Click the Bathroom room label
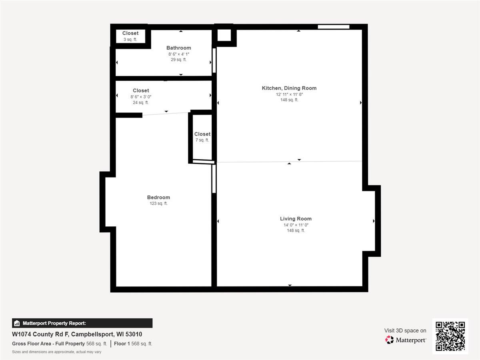pyautogui.click(x=178, y=48)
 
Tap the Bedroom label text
pyautogui.click(x=158, y=197)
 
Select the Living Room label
pyautogui.click(x=296, y=219)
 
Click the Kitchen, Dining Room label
pyautogui.click(x=289, y=88)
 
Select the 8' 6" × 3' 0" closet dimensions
pyautogui.click(x=141, y=97)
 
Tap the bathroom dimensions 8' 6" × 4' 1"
pyautogui.click(x=178, y=54)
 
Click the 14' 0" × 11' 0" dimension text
pyautogui.click(x=296, y=225)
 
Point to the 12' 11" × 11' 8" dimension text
pyautogui.click(x=289, y=94)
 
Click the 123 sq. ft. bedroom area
pyautogui.click(x=158, y=204)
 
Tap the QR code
pyautogui.click(x=450, y=336)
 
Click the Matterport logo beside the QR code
pyautogui.click(x=406, y=340)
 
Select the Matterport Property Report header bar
pyautogui.click(x=82, y=323)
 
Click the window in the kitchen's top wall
pyautogui.click(x=334, y=27)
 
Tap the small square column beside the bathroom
pyautogui.click(x=224, y=36)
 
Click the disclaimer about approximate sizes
pyautogui.click(x=56, y=352)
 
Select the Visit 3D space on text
pyautogui.click(x=405, y=330)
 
